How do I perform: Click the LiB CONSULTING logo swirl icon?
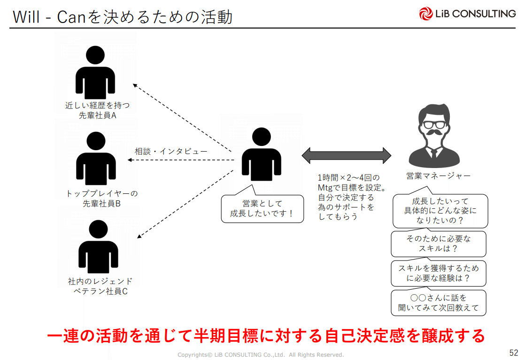tap(426, 14)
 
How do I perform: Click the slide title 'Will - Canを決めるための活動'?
tap(123, 17)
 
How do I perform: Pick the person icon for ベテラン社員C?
tap(98, 247)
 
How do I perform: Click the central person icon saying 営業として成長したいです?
tap(262, 154)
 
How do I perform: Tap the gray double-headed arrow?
tap(347, 155)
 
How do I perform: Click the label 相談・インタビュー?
tap(171, 152)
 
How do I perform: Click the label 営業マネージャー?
tap(438, 176)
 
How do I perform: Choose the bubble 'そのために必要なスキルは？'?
tap(438, 244)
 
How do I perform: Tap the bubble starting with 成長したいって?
tap(440, 211)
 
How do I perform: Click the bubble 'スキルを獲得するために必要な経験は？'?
tap(438, 273)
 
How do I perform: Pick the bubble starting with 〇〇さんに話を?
tap(438, 303)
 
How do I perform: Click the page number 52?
tap(513, 352)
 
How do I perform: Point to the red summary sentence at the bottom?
tap(266, 336)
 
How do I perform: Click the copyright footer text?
tap(261, 355)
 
